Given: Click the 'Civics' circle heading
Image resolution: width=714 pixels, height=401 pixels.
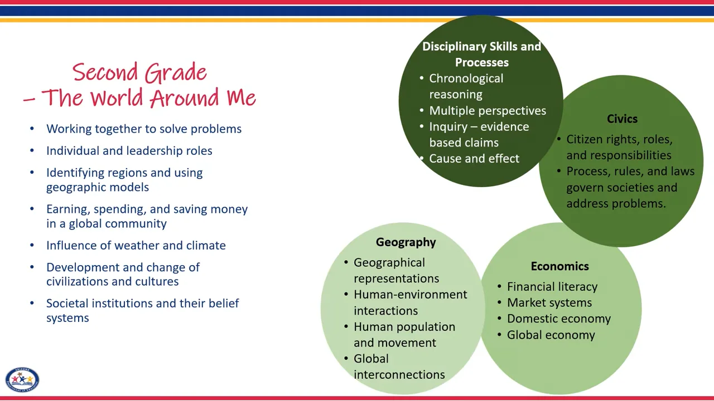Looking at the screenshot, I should (x=622, y=119).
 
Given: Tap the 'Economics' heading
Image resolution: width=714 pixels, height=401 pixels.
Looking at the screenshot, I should (x=559, y=266).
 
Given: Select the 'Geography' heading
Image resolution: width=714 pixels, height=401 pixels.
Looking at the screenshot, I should (x=406, y=242).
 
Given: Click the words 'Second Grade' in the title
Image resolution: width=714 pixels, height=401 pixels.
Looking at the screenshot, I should (x=139, y=72).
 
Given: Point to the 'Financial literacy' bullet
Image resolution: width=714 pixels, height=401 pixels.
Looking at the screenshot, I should (x=552, y=287).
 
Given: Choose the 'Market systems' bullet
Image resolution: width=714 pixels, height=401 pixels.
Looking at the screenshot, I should (x=549, y=303).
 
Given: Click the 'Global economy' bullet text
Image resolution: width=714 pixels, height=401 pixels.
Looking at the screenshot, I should (x=551, y=335).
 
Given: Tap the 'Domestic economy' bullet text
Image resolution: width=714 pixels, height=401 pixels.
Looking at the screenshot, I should (x=558, y=319).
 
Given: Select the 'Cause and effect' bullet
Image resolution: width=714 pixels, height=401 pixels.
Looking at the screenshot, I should (x=474, y=159).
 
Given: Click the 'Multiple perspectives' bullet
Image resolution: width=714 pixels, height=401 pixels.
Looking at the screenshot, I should (x=487, y=111).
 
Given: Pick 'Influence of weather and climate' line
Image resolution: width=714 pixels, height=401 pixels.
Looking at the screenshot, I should (x=136, y=246).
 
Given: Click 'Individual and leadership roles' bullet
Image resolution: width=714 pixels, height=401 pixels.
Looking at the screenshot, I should (x=129, y=151).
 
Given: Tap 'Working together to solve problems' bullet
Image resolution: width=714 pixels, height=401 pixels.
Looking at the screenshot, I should (x=143, y=129).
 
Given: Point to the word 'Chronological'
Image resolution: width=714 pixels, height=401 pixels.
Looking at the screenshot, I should (x=466, y=79).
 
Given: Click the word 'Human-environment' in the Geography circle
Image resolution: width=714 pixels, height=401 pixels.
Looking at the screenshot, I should (x=410, y=295).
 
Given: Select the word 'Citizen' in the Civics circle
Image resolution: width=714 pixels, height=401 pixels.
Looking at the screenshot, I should (x=586, y=139).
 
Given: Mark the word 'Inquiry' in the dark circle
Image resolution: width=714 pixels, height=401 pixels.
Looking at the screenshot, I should (x=448, y=127).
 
